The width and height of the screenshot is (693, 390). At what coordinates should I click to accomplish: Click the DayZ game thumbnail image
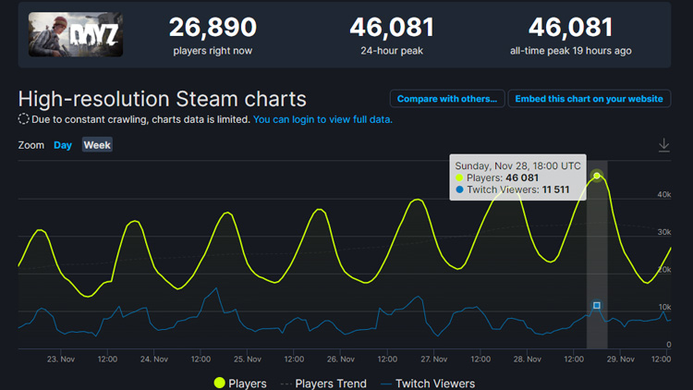[76, 34]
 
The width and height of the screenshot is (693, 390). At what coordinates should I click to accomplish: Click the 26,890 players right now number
[213, 27]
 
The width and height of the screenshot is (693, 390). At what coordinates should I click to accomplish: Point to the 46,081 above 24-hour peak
[392, 27]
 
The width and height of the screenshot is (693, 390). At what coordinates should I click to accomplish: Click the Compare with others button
[447, 98]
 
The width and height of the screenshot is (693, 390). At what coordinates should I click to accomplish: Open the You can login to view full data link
[322, 120]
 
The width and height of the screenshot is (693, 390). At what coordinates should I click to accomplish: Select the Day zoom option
[63, 145]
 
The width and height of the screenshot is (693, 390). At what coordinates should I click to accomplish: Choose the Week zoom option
[97, 145]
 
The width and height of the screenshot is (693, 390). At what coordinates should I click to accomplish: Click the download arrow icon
[663, 145]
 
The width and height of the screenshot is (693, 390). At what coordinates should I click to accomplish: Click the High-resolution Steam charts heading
[162, 98]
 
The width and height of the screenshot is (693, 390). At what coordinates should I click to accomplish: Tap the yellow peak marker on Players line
[597, 176]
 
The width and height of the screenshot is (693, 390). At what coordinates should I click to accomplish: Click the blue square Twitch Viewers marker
[597, 305]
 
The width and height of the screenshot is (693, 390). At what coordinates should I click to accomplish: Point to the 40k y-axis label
[663, 194]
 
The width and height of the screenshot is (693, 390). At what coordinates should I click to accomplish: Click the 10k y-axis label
[663, 307]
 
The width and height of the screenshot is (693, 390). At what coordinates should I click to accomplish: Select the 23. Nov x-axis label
[60, 360]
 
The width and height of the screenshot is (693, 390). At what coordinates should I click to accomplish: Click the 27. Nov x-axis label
[433, 360]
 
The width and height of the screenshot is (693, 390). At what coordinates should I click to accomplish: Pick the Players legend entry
[240, 383]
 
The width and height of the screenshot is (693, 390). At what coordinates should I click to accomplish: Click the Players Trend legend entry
[325, 383]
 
